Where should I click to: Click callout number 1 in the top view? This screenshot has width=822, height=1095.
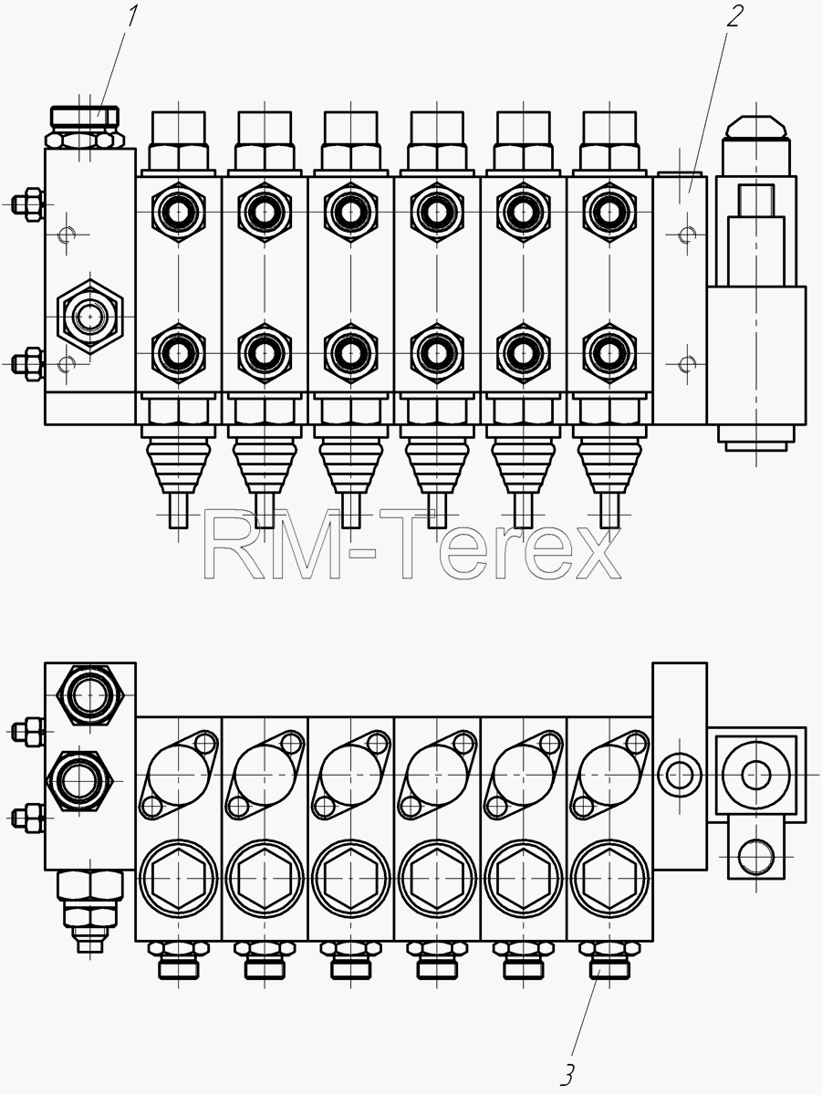click(x=131, y=16)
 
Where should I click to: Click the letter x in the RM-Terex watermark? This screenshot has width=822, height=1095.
click(x=594, y=554)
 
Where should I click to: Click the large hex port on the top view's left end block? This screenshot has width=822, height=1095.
click(x=89, y=317)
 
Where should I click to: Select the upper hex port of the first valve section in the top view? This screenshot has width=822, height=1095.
click(x=178, y=212)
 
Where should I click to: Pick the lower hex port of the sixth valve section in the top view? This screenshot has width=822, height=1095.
click(x=609, y=353)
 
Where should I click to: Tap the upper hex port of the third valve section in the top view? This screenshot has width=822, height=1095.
click(x=350, y=212)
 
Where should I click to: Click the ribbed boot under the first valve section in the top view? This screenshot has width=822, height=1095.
click(x=178, y=467)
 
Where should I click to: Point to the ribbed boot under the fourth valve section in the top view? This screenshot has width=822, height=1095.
click(x=437, y=467)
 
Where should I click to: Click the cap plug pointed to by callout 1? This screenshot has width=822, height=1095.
click(x=85, y=117)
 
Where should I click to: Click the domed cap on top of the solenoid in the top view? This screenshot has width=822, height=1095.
click(x=755, y=127)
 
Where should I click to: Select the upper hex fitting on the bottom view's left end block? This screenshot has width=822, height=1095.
click(x=89, y=694)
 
